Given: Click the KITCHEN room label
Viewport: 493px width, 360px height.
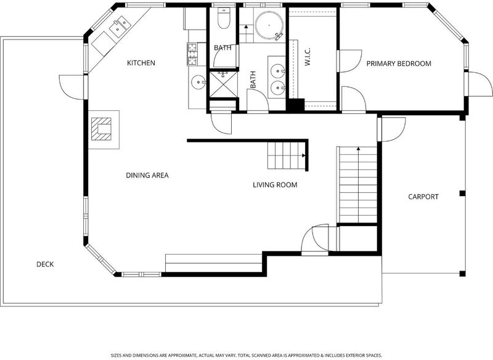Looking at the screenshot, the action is coord(141,63).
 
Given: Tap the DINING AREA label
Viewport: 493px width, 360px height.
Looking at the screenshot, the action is coord(147,175).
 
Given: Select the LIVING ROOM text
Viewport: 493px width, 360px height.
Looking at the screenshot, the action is coord(275,185).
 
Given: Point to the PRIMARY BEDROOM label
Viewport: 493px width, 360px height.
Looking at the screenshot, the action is coord(399,63).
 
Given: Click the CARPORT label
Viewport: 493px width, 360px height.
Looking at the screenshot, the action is coord(423,197).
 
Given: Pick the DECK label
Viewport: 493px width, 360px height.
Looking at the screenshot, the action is coord(45,264).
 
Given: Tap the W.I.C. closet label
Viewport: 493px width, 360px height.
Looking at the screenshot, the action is coord(308,57).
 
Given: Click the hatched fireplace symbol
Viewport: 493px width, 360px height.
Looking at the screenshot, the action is coord(101,129).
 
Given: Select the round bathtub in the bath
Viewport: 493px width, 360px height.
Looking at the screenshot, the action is coord(269,25).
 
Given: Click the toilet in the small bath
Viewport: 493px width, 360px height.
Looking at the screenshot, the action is coord(224,18).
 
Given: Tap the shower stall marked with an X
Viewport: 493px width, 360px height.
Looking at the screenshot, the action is coord(223,84).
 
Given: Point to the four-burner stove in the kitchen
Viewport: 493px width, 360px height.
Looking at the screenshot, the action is coord(192,54).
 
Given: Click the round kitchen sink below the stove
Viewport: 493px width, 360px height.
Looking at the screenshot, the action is coord(198,83).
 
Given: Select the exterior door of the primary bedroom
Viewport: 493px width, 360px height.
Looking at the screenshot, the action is coord(479,84).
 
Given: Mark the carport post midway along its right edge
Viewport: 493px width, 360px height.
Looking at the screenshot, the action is coord(462,193).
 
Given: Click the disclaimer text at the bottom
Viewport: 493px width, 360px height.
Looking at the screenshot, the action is coord(246,355).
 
